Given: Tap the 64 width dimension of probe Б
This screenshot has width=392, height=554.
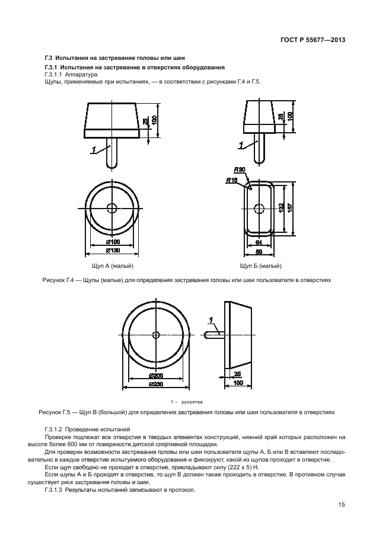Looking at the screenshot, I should pyautogui.click(x=259, y=242).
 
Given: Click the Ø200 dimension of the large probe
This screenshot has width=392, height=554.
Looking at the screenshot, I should pyautogui.click(x=156, y=376).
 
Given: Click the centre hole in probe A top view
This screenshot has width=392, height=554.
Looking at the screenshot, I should pyautogui.click(x=112, y=208).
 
